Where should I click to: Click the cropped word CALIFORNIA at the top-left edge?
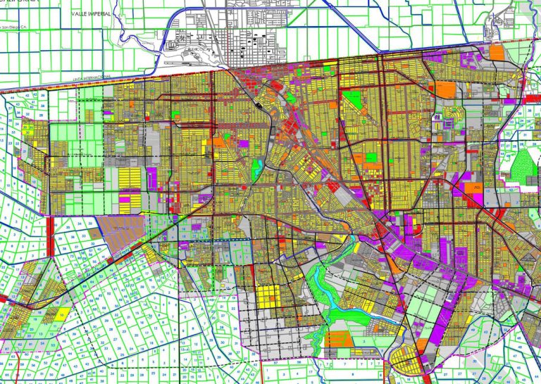18,2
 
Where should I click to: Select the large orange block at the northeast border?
497,51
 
